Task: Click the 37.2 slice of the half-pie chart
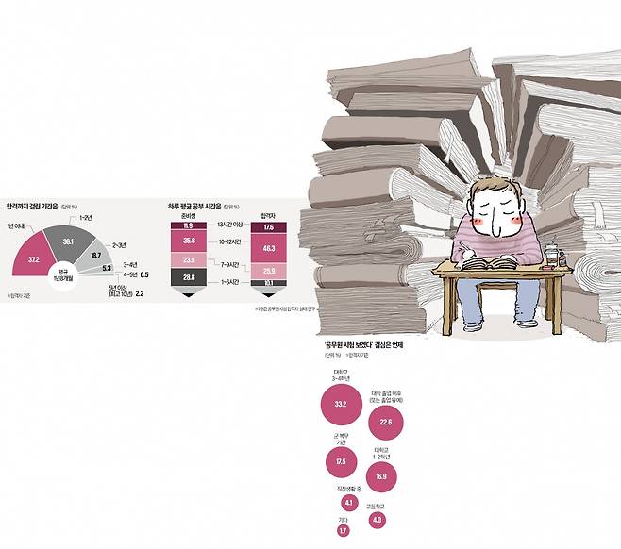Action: click(35, 257)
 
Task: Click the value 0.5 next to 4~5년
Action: click(143, 275)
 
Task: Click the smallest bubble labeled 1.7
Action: click(343, 531)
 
